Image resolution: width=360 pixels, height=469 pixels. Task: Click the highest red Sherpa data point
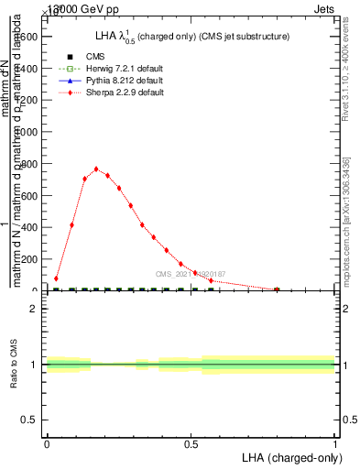(x=96, y=169)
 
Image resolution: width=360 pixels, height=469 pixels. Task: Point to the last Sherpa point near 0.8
(x=277, y=289)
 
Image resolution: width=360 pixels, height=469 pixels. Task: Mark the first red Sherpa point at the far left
(x=56, y=278)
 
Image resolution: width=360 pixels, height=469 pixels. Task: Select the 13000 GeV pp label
(x=81, y=7)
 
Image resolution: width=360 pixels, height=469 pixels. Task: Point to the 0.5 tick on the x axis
(x=191, y=443)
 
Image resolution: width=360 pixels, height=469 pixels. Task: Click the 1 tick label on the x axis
(x=335, y=443)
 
